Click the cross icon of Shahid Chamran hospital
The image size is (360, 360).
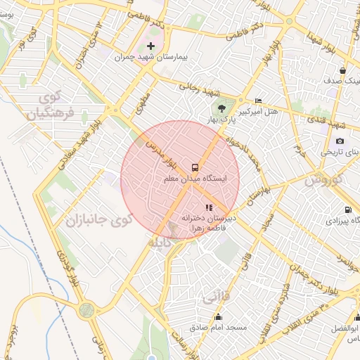[x=150, y=46]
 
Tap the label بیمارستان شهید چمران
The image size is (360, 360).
[x=150, y=59]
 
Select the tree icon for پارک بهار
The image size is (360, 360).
[x=222, y=108]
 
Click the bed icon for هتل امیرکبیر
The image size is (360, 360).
[x=258, y=101]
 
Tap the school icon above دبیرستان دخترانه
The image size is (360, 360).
[x=208, y=207]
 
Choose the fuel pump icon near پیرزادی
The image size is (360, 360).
[x=348, y=210]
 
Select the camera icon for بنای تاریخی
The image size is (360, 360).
[x=340, y=141]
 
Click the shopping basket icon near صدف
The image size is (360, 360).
[x=342, y=71]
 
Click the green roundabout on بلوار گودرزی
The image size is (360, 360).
[x=86, y=309]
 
